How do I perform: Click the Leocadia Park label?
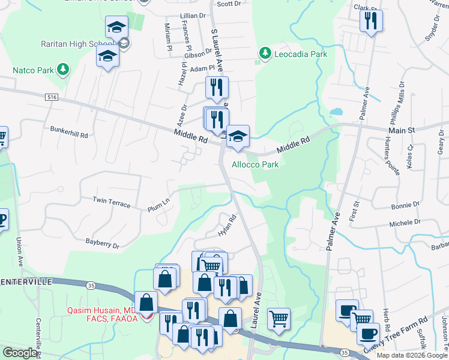(x=300, y=54)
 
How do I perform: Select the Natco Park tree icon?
(x=63, y=70)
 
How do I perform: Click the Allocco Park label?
(x=255, y=164)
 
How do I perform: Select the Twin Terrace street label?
(x=111, y=202)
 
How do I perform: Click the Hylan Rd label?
(x=227, y=226)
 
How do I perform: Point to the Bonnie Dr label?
(x=405, y=205)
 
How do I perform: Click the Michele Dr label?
(x=405, y=223)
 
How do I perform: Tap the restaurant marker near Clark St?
(x=370, y=22)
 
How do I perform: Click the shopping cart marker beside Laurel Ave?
(x=279, y=319)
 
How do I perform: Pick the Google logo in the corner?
(x=20, y=353)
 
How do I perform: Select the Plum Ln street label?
(x=159, y=206)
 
